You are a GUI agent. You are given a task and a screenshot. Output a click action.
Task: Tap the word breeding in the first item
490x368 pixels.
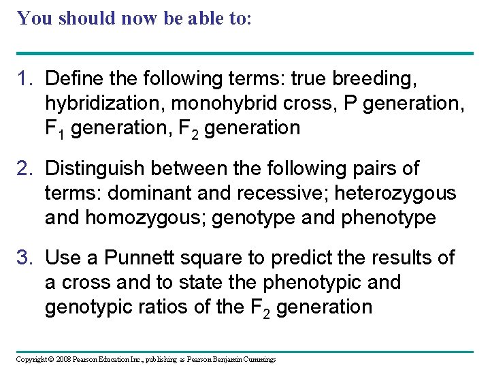click(374, 79)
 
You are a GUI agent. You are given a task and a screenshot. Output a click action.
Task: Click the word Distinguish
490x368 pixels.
click(91, 168)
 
